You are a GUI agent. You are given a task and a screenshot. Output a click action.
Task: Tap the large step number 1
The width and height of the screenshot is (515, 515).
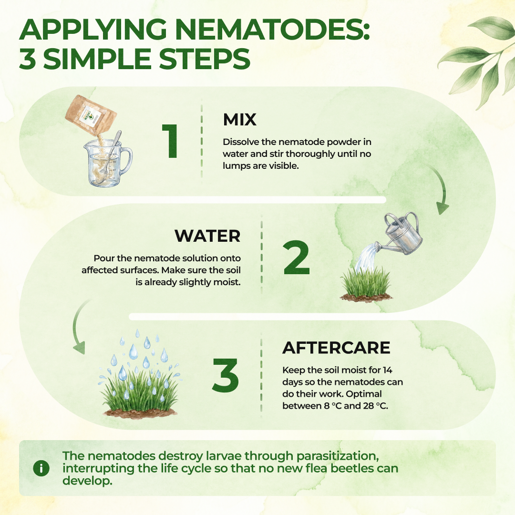pos(171,141)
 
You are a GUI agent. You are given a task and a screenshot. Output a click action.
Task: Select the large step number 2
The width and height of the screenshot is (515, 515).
pos(296,258)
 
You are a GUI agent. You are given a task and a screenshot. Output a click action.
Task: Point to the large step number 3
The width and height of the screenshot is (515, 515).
pos(225,375)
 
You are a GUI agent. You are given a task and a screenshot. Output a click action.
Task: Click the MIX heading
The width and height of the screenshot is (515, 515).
pos(239,120)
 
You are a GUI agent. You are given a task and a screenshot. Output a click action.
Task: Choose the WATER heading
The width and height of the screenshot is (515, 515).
pos(207,236)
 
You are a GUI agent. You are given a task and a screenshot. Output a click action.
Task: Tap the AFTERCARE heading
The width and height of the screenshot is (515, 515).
pos(336,348)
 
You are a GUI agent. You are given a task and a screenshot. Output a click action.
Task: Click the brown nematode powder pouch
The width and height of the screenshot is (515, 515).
pos(91,114)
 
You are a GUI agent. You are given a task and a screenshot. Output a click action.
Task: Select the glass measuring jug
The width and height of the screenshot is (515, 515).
pos(107,163)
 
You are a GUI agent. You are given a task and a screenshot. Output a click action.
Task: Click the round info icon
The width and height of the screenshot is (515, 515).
pos(41,468)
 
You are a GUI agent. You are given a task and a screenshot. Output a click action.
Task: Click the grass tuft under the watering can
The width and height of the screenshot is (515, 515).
pos(366,285)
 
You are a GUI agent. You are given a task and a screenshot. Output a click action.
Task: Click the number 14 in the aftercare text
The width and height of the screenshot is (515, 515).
pos(388,370)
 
